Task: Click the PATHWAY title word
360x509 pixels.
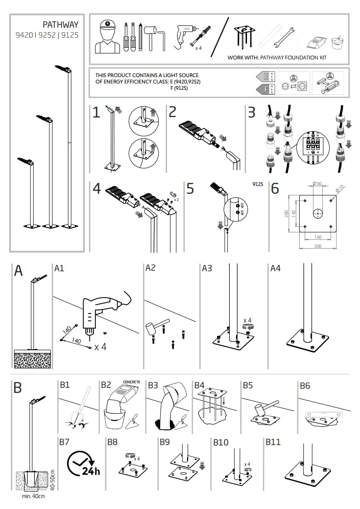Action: [60, 24]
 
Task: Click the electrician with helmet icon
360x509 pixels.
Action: [107, 37]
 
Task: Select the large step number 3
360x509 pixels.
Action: [252, 112]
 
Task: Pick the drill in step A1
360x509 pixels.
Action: [100, 311]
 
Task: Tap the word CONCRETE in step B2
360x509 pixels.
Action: [132, 382]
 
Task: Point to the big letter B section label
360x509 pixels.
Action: [18, 388]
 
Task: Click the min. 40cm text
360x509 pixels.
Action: [34, 496]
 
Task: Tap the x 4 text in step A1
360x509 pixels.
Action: [100, 347]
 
